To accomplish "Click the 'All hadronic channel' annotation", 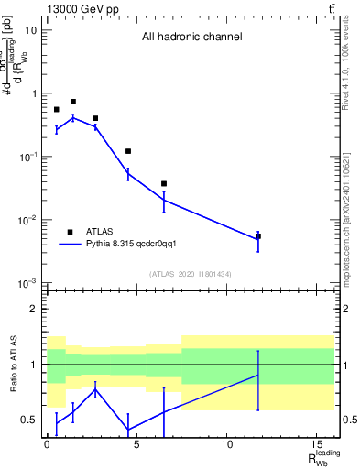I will click(x=191, y=38).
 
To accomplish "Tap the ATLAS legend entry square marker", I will click(x=70, y=232).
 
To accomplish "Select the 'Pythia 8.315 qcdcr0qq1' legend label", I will click(x=139, y=245).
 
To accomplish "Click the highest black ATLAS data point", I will click(x=73, y=102).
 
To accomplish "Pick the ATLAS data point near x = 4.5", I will click(x=128, y=151).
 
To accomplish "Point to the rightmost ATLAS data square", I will click(x=258, y=236).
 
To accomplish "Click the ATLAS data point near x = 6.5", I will click(x=164, y=184).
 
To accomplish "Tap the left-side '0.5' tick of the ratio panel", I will click(x=30, y=420).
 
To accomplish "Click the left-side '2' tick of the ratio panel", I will click(x=34, y=310).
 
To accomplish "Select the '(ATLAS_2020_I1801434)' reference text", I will click(x=191, y=274).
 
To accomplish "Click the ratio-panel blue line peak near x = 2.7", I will click(x=95, y=389).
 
